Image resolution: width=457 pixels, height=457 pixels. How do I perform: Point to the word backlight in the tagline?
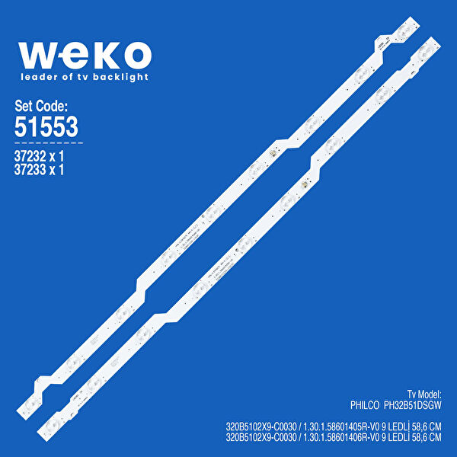[x=122, y=76]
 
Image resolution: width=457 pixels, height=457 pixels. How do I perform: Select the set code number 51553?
[x=46, y=127]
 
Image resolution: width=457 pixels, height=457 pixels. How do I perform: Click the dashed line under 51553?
[x=49, y=142]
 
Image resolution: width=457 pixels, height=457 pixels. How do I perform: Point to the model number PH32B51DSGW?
[x=412, y=406]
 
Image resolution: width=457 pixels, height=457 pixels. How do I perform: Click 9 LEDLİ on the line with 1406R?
[x=392, y=438]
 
